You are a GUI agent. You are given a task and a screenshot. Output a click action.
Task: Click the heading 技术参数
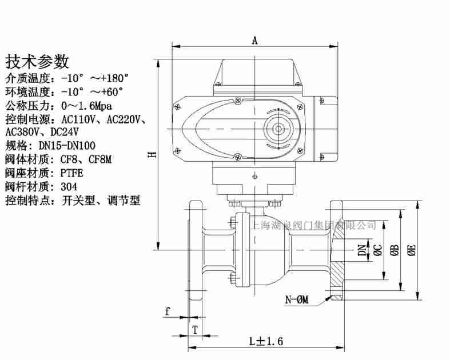(x=37, y=61)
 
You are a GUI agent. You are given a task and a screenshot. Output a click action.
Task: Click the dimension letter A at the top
(x=255, y=40)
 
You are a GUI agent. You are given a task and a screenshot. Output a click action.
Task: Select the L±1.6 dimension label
(x=266, y=341)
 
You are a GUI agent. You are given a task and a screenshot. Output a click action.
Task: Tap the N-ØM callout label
(x=297, y=299)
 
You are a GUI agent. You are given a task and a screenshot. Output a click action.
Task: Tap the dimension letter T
(x=194, y=329)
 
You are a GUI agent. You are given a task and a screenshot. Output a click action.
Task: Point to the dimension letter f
(x=168, y=311)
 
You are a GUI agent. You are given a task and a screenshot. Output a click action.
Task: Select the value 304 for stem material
(x=69, y=186)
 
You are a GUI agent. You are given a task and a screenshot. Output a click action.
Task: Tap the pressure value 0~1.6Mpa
(x=86, y=106)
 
